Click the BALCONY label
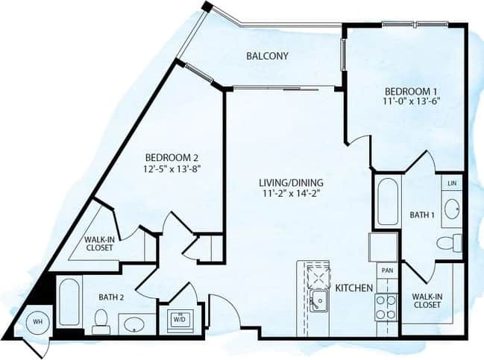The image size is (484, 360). pos(267,56)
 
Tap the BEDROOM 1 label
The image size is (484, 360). pos(405,90)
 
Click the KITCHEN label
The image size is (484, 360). pos(353,288)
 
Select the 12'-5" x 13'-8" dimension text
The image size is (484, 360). pos(171,168)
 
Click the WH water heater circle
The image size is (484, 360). pos(35,323)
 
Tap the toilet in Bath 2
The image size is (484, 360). pos(101,320)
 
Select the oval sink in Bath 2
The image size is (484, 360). pos(133,324)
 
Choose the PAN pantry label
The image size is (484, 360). pos(387,270)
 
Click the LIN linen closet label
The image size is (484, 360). pos(451,183)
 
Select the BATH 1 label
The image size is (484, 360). pos(422,215)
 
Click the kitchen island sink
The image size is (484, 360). pos(318,300)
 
